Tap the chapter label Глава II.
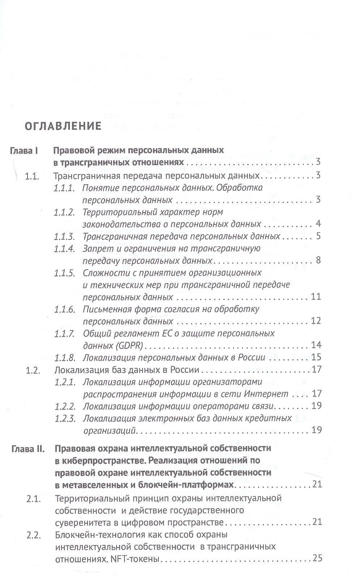pyautogui.click(x=27, y=449)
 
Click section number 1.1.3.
pyautogui.click(x=64, y=236)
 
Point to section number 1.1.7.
pyautogui.click(x=64, y=333)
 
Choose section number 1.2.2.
pyautogui.click(x=65, y=406)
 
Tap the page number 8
pyautogui.click(x=318, y=260)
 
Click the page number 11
pyautogui.click(x=316, y=297)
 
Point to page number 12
pyautogui.click(x=316, y=321)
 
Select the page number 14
pyautogui.click(x=316, y=345)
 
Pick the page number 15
pyautogui.click(x=316, y=357)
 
